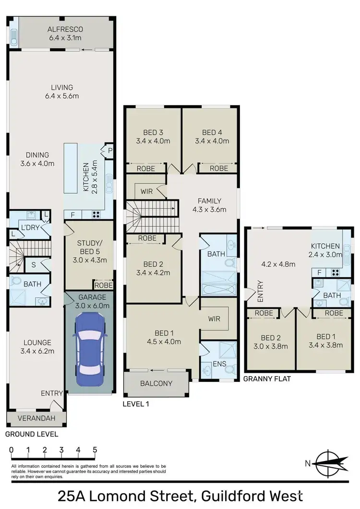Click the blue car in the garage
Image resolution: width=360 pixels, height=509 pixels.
(x=90, y=344)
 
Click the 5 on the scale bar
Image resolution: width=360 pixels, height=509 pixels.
(x=95, y=450)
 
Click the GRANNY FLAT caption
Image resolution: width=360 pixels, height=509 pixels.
(x=267, y=379)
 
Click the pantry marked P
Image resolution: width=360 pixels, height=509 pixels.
(x=109, y=150)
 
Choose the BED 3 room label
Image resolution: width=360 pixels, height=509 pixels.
(x=153, y=137)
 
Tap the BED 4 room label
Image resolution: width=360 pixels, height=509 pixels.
(x=212, y=137)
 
